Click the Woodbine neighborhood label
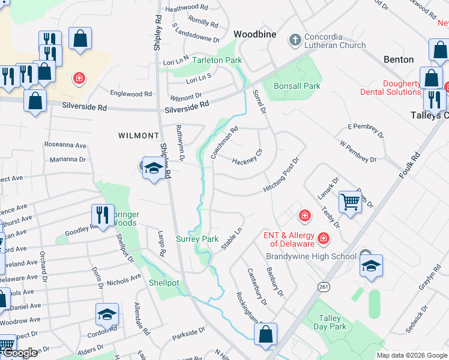click(x=255, y=34)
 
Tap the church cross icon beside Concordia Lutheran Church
click(x=294, y=40)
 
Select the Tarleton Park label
click(x=217, y=61)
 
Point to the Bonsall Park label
click(x=297, y=86)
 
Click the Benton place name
click(x=399, y=59)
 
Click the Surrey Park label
click(x=197, y=239)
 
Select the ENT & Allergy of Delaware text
click(x=289, y=239)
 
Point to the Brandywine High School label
click(x=311, y=256)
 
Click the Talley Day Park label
click(x=330, y=322)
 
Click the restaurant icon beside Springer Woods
click(x=102, y=215)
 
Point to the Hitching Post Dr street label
click(x=281, y=176)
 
